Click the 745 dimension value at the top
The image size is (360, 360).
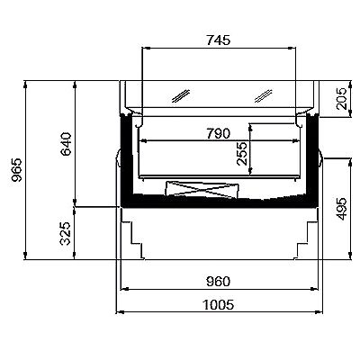[x=219, y=40]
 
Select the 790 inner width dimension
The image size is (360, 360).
[x=218, y=133]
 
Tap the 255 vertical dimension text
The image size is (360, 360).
[x=242, y=154]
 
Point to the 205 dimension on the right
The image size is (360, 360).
[x=341, y=98]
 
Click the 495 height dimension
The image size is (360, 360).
[x=341, y=209]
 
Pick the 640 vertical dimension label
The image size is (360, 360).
[x=67, y=144]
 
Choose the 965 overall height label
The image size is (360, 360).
[x=16, y=170]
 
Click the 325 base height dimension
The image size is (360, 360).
[x=66, y=233]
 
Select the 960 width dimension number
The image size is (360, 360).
[x=218, y=282]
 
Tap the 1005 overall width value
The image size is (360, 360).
[x=219, y=305]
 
